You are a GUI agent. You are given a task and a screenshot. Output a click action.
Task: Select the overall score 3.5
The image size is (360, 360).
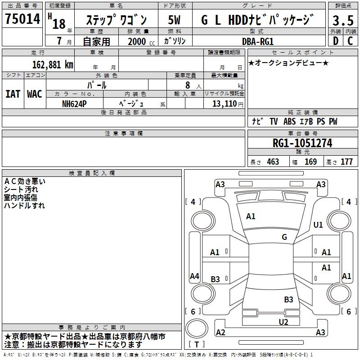coord(342,21)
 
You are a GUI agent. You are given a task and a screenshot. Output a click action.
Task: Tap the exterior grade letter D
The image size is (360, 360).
coord(335,40)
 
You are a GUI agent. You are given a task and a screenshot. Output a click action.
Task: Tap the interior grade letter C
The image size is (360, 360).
coord(350,40)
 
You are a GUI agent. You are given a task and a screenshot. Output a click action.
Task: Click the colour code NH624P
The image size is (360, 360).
coord(75,103)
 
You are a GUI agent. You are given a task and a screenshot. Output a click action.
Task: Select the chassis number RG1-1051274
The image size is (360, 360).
coord(302,143)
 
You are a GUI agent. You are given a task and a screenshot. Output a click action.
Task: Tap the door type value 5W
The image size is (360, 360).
coord(175,20)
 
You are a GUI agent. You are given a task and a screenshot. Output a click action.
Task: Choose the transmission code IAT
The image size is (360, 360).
coord(13,94)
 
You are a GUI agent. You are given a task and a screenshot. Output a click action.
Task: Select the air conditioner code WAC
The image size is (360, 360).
coord(34,94)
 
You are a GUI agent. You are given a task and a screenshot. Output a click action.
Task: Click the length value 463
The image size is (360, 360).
coord(273,162)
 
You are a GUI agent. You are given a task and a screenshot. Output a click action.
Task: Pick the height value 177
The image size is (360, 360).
coord(346,162)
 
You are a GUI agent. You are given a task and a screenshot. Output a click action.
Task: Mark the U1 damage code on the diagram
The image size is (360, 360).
coord(318,225)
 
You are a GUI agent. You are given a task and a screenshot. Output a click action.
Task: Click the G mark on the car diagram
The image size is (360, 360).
coord(284,237)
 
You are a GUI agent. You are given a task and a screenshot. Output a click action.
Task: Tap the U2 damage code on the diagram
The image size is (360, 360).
coord(283,321)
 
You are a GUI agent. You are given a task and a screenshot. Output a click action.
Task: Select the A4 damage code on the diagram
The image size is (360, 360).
coord(194,276)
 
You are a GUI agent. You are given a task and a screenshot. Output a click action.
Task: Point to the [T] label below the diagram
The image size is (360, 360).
coord(197,345)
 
